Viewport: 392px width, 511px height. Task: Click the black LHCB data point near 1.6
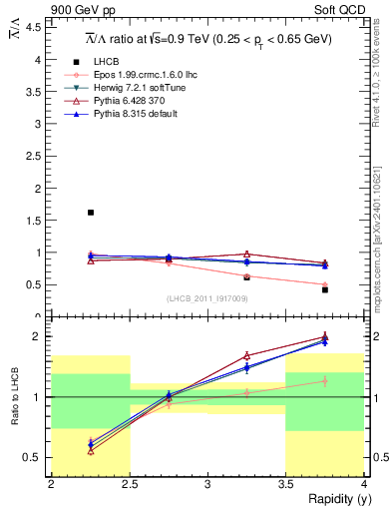pyautogui.click(x=91, y=213)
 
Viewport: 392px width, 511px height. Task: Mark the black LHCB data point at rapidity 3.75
pyautogui.click(x=325, y=289)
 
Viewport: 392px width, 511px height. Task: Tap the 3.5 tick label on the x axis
pyautogui.click(x=285, y=484)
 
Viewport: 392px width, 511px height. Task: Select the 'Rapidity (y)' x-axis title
pyautogui.click(x=333, y=499)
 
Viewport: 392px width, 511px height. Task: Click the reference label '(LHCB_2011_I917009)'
pyautogui.click(x=206, y=297)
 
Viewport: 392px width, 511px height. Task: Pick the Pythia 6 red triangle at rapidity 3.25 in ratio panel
pyautogui.click(x=247, y=355)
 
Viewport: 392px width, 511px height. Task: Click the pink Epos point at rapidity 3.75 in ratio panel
pyautogui.click(x=325, y=380)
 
